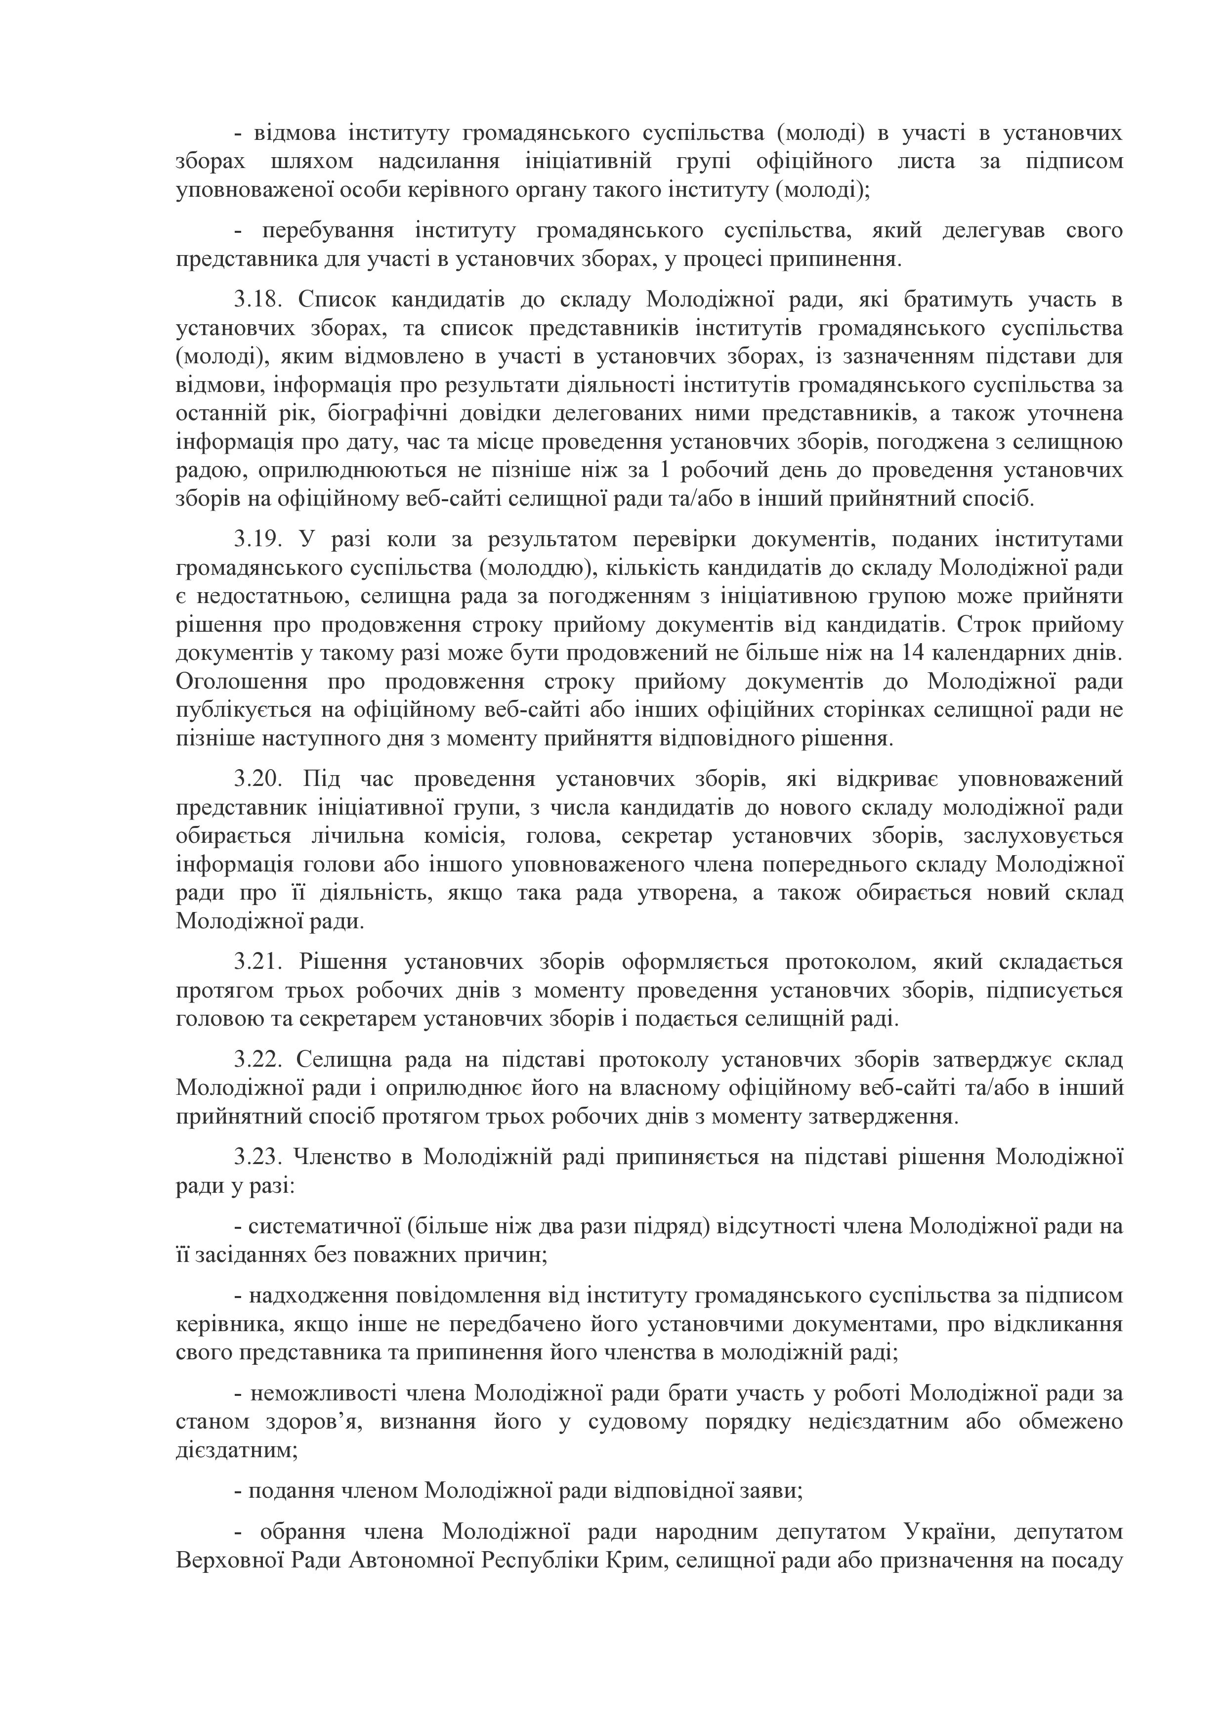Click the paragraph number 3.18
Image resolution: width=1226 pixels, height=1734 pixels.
256,300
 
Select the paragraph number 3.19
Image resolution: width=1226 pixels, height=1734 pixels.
256,539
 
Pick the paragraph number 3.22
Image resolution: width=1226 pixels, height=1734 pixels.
256,1060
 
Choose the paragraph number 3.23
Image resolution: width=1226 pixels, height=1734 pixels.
256,1157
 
